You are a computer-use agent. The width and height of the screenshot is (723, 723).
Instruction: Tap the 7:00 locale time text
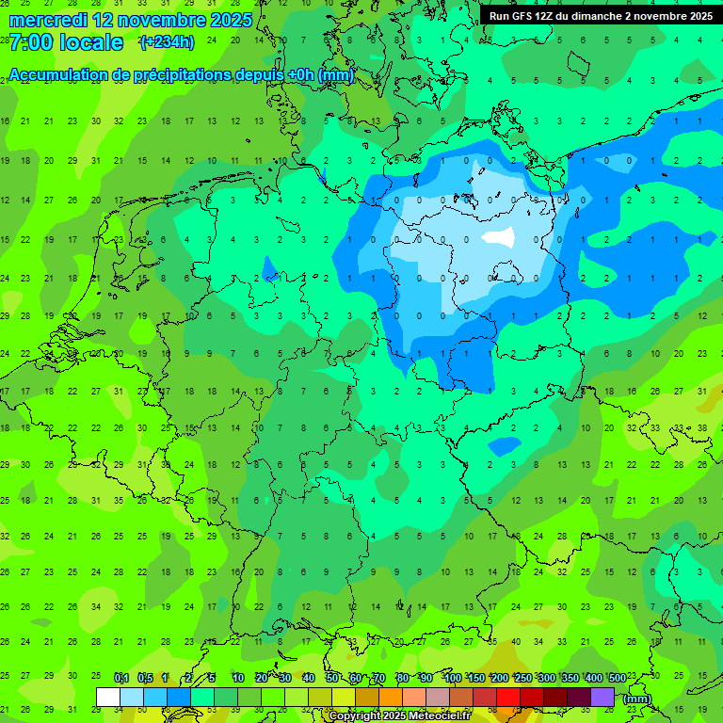click(66, 42)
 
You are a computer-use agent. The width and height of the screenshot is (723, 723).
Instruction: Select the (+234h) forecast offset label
click(167, 42)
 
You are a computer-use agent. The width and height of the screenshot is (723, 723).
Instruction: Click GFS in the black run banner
click(527, 16)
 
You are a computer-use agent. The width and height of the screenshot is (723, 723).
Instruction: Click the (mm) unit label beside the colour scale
click(637, 699)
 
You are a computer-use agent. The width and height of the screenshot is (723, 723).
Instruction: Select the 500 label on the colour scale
click(617, 679)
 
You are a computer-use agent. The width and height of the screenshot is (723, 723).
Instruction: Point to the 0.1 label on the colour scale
click(120, 679)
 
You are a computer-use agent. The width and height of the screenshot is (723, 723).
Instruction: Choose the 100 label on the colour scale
click(452, 679)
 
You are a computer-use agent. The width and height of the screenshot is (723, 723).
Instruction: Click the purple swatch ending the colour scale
click(602, 697)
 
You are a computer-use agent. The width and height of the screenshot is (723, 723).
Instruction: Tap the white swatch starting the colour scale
click(108, 697)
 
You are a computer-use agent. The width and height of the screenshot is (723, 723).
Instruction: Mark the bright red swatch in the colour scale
click(508, 697)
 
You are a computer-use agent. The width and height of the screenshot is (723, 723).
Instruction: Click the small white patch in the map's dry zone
click(499, 237)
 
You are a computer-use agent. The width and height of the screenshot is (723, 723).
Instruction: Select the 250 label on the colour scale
click(522, 679)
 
